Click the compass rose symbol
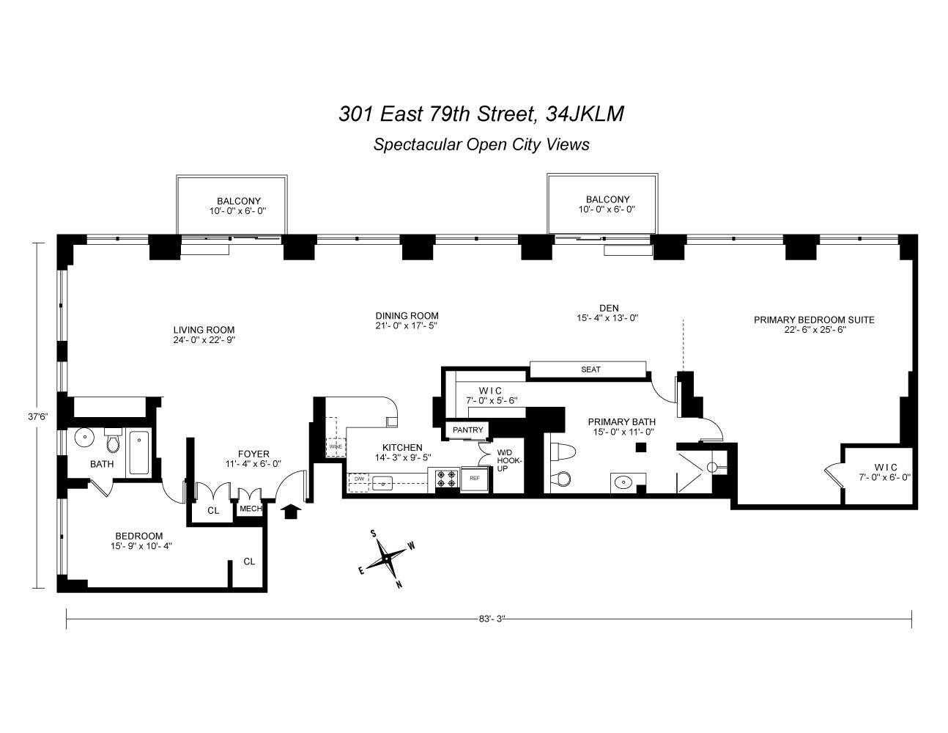(386, 559)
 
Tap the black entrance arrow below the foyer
(291, 510)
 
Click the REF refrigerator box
(474, 479)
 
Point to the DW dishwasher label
(359, 479)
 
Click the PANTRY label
(467, 430)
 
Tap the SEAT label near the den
(590, 369)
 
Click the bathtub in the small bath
(139, 453)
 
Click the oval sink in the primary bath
(623, 482)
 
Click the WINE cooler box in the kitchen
(336, 446)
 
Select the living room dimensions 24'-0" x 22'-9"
(204, 340)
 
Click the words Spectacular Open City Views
(481, 144)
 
